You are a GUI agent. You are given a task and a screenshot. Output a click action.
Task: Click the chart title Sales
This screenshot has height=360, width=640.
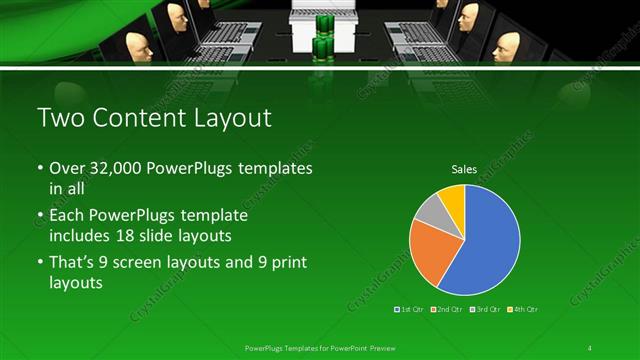point(464,169)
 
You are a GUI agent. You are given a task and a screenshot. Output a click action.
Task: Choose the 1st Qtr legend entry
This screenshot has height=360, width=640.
point(412,310)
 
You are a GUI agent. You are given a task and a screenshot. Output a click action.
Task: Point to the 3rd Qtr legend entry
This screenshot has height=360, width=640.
point(487,310)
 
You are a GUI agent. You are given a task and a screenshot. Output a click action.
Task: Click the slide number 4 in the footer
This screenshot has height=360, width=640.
point(590,347)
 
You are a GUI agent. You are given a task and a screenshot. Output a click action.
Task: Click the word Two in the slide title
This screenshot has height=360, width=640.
point(58,119)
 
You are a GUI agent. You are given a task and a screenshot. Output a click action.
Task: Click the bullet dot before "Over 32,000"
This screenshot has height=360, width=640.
point(40,170)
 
